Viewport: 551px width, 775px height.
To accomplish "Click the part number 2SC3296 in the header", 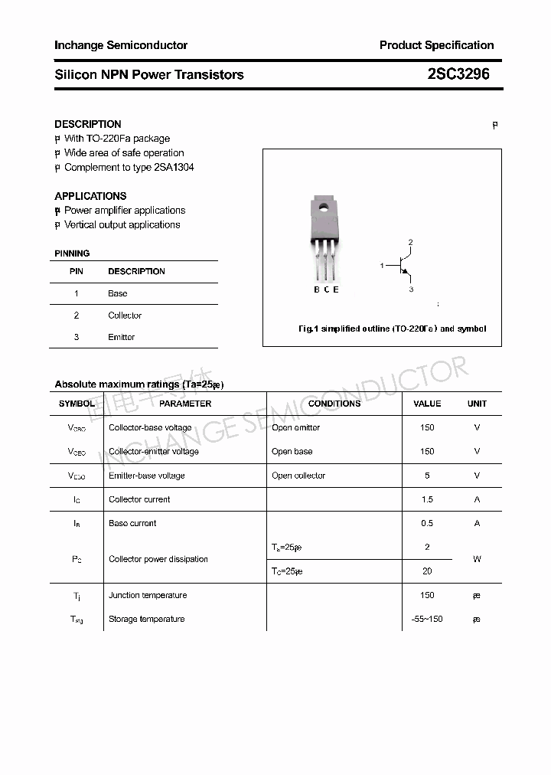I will [458, 74].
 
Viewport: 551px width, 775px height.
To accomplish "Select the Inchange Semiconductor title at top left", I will [121, 45].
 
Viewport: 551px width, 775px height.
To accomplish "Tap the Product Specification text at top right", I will [436, 45].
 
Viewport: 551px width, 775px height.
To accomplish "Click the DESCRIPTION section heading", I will [88, 124].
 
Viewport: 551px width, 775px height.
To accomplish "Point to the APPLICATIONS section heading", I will [90, 196].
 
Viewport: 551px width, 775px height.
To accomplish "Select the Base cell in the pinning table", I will [117, 293].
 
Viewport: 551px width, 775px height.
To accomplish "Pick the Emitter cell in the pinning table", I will [121, 337].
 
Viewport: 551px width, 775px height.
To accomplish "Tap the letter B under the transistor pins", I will [317, 289].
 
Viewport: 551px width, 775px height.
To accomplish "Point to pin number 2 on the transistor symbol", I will [410, 243].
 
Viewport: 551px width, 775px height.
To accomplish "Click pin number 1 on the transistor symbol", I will [382, 266].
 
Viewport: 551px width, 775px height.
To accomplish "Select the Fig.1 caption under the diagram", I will [392, 329].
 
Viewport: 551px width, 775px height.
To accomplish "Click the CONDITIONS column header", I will [334, 404].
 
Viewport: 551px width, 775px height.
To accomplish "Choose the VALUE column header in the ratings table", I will [427, 404].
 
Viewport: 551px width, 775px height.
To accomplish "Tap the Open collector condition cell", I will [298, 476].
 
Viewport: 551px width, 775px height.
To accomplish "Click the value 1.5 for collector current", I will [427, 499].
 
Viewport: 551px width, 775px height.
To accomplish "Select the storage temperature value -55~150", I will [427, 619].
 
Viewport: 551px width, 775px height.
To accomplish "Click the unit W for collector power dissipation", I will [477, 559].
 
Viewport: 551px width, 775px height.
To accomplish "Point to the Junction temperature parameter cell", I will [148, 595].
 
